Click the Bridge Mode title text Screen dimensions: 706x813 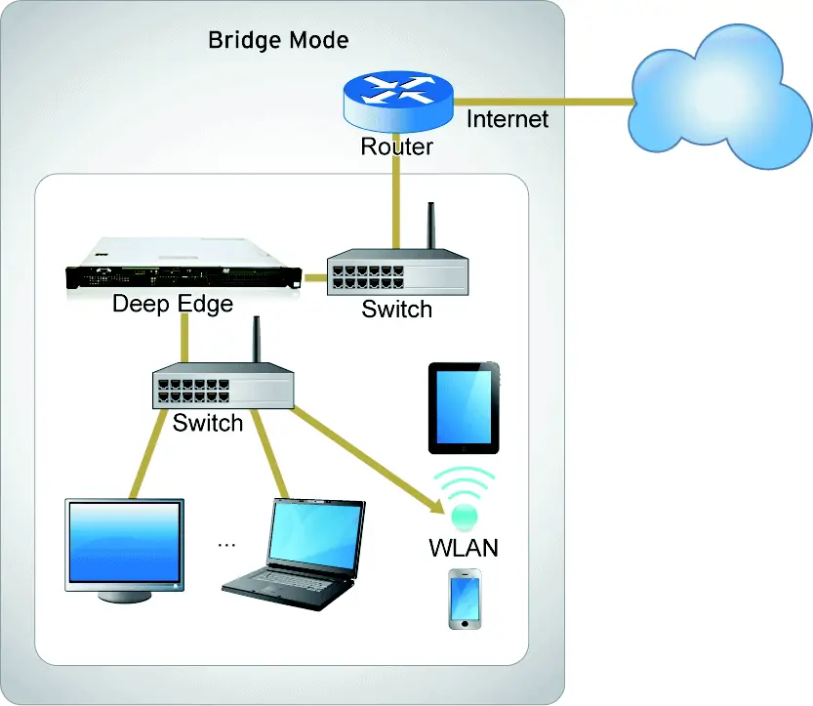point(278,41)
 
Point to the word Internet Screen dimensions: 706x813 point(508,119)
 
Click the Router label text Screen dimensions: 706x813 point(396,147)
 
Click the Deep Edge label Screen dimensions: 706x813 point(172,303)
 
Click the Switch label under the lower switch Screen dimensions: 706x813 point(207,423)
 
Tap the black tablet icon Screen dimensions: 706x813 point(464,408)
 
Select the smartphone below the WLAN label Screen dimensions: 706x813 point(464,599)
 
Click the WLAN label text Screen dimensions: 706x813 point(464,548)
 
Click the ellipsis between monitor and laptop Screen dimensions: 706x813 point(227,543)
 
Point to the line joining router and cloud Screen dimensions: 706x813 point(547,101)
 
